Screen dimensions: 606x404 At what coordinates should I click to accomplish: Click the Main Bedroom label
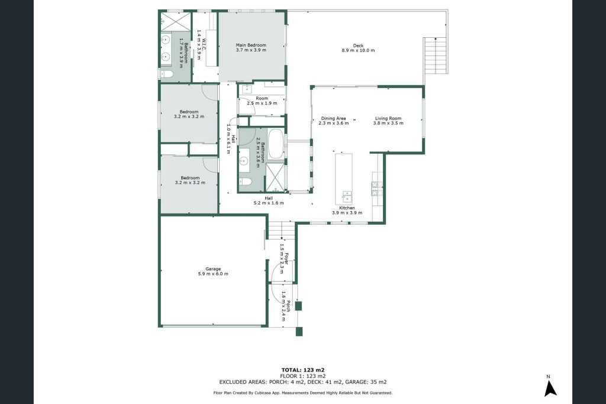(251, 45)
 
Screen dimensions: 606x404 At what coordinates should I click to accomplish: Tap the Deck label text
(358, 46)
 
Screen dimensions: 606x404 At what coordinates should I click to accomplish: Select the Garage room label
(213, 269)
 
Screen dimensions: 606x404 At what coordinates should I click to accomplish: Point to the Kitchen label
(347, 208)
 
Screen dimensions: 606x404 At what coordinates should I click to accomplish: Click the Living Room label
(388, 118)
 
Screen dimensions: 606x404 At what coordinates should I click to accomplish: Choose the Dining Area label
(334, 118)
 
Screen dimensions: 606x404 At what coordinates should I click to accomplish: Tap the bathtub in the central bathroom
(275, 143)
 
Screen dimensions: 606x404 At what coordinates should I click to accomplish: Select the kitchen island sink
(346, 196)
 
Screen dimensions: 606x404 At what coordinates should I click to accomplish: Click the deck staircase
(436, 56)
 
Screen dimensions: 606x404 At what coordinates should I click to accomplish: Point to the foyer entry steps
(282, 231)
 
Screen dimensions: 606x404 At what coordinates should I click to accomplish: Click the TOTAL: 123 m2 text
(302, 370)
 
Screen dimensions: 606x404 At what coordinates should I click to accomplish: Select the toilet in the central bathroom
(246, 182)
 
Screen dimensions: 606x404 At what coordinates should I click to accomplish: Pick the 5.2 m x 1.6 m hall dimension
(269, 203)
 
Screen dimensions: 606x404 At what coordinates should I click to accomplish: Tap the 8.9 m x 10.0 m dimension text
(358, 50)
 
